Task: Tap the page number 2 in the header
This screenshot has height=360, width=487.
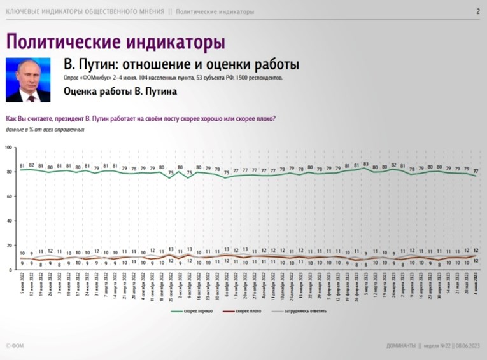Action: click(477, 11)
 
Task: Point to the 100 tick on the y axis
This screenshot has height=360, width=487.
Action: click(9, 148)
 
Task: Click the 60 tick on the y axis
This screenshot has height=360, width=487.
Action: click(10, 197)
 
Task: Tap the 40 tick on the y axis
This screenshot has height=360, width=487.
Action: click(10, 221)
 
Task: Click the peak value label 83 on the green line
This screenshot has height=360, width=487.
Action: click(366, 163)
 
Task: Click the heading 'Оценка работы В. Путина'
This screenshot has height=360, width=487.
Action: click(120, 92)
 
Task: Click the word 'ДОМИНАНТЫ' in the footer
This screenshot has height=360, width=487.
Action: click(402, 346)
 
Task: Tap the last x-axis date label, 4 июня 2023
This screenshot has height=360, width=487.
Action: click(476, 287)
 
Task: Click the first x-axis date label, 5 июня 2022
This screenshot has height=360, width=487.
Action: click(22, 287)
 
